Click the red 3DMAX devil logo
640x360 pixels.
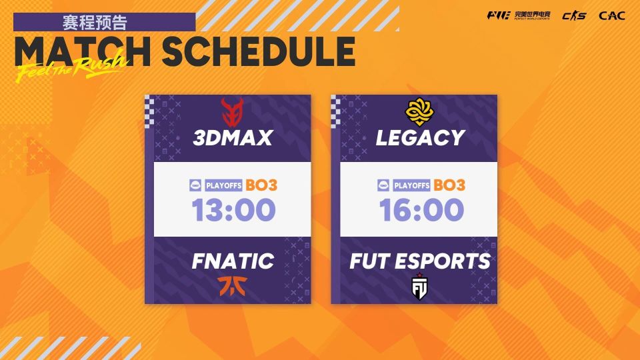(232, 112)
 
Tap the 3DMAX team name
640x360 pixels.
(233, 138)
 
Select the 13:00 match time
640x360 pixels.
(234, 210)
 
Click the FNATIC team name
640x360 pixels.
(233, 261)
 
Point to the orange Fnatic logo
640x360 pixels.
(232, 286)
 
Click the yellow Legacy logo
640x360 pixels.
(419, 112)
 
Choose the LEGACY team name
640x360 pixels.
(421, 138)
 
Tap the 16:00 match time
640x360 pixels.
(421, 210)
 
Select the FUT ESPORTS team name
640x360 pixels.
(420, 261)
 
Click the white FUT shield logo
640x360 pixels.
(419, 286)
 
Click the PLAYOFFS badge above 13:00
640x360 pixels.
(224, 185)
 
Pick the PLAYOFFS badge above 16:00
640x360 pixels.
(412, 185)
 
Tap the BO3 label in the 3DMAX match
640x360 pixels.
(261, 185)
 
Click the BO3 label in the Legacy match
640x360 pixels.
(449, 185)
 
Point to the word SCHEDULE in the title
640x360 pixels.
(259, 51)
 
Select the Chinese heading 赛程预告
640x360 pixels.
(95, 22)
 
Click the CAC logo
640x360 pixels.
(612, 16)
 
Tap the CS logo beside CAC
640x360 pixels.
(574, 16)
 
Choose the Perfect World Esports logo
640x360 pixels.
(519, 15)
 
